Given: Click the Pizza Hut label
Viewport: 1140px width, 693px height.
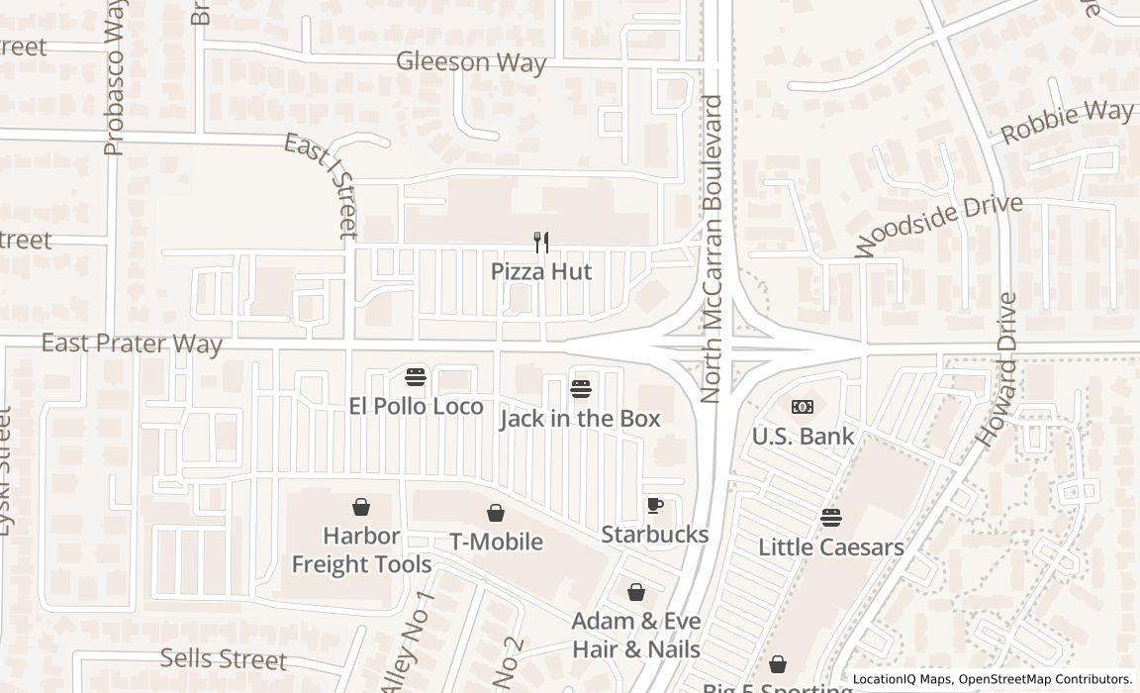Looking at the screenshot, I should [541, 271].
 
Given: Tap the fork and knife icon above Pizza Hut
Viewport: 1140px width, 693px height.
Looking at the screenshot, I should [541, 242].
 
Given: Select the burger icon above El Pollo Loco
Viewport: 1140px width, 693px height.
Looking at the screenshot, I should [416, 376].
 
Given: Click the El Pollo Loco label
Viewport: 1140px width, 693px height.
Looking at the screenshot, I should [416, 406].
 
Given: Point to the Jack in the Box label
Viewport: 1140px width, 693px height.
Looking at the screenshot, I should [580, 419].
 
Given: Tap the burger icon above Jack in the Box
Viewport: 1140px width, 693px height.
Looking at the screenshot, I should [581, 389].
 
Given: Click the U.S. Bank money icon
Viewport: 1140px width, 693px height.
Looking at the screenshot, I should [803, 407].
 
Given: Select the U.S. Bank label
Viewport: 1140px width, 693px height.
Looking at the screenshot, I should [803, 436].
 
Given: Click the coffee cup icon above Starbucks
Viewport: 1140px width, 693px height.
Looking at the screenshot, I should [655, 505].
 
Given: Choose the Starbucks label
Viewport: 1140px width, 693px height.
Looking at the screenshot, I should [655, 535].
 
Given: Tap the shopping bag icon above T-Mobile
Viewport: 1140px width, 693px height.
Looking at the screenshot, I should [496, 513].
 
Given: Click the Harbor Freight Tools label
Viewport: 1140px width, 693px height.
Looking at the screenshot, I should [361, 550].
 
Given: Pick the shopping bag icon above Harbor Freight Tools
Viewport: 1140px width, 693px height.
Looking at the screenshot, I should [361, 507].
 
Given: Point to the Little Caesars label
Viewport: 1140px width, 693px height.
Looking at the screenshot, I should [830, 546].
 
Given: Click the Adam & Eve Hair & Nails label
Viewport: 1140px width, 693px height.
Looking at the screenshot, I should [636, 636].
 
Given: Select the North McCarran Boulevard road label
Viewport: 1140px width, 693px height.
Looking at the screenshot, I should [712, 247].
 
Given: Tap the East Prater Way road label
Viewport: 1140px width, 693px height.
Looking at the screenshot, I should [132, 344].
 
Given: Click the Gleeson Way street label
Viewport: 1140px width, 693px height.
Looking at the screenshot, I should [471, 62].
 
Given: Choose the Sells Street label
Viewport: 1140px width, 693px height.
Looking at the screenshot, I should [224, 659].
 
